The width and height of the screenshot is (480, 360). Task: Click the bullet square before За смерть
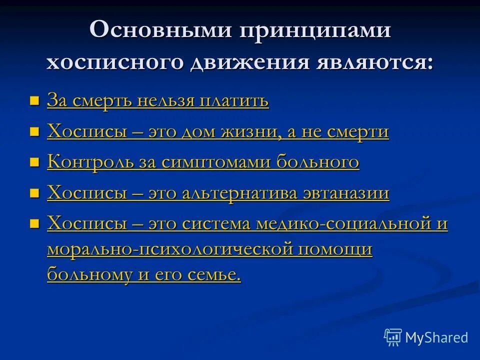[34, 101]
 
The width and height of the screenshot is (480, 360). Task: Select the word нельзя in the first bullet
[167, 101]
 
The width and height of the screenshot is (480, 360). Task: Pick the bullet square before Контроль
[34, 163]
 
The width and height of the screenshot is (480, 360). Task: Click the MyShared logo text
[436, 337]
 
